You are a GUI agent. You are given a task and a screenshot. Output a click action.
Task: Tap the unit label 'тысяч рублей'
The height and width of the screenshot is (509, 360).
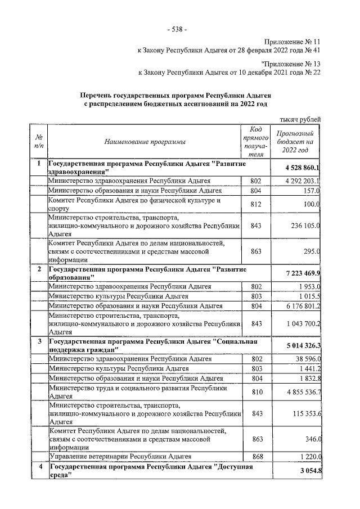coord(300,119)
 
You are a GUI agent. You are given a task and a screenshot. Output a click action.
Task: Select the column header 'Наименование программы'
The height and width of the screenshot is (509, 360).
coord(145,142)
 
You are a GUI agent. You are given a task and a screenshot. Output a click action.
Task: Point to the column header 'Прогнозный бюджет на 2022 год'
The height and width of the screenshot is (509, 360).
coord(296,142)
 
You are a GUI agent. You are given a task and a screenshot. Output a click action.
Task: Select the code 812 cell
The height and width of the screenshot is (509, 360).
coord(256,204)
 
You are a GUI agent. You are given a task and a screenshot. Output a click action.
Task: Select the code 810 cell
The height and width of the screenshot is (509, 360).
coord(256,392)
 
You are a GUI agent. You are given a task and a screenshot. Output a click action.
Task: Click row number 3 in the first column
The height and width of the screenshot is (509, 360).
coord(39,341)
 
